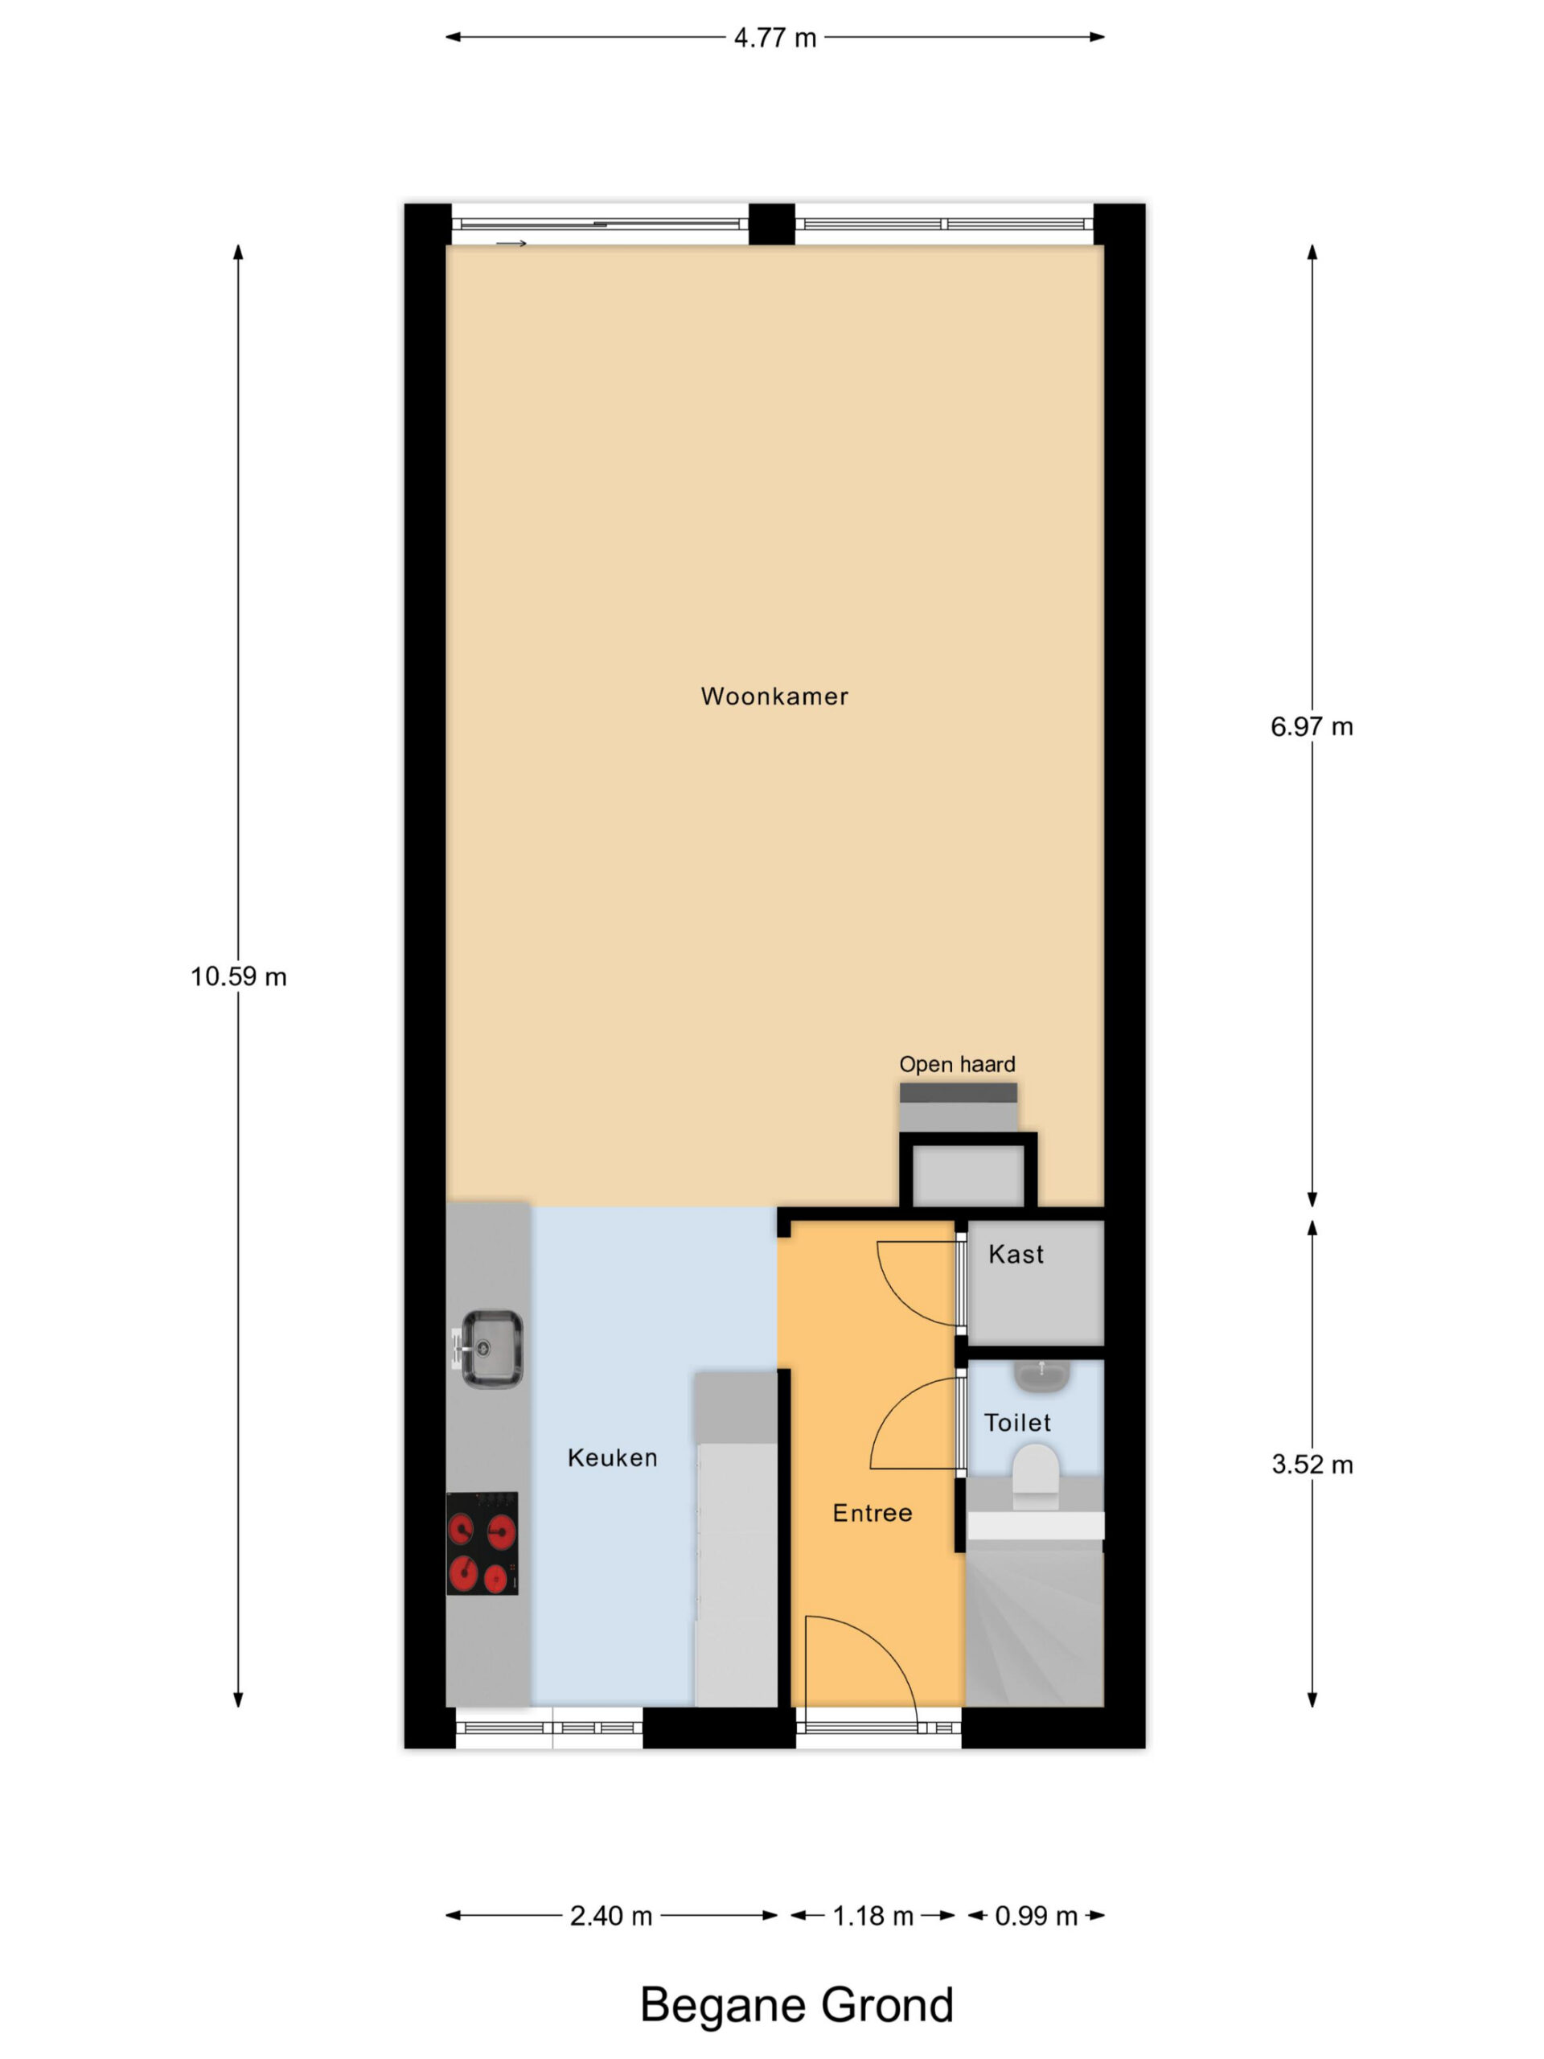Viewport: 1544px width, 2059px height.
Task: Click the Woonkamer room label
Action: coord(774,697)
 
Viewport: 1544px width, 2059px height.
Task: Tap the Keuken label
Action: coord(613,1457)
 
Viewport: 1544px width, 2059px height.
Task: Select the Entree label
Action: coord(872,1514)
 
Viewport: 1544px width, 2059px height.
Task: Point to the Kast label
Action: coord(1016,1255)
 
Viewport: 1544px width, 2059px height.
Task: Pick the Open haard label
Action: coord(957,1064)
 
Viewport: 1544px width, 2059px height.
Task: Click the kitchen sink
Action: coord(490,1350)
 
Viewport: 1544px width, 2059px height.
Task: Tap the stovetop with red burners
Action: coord(482,1543)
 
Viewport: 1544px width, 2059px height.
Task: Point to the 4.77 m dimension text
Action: coord(774,38)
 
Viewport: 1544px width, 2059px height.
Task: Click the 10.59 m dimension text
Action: coord(238,976)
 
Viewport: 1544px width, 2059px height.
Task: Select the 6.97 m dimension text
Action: coord(1312,727)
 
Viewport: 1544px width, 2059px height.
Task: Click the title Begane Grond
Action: coord(797,2004)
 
